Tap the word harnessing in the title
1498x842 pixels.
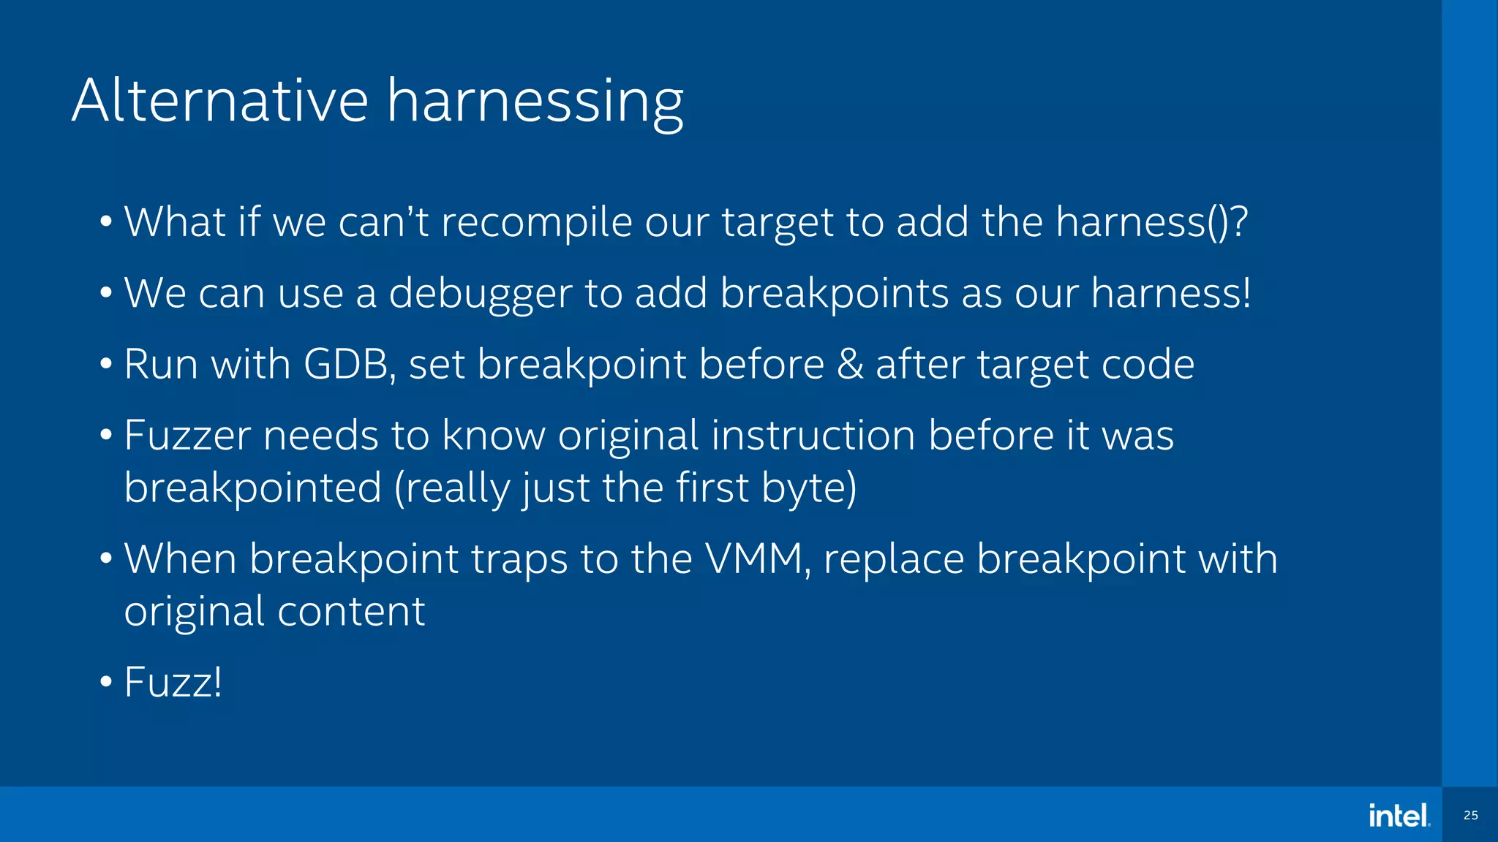click(x=535, y=102)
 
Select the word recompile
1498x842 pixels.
click(x=536, y=222)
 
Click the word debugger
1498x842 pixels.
click(x=480, y=294)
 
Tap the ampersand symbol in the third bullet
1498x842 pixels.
click(x=850, y=364)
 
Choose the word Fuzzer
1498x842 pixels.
click(x=187, y=436)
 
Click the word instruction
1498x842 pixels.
click(x=813, y=436)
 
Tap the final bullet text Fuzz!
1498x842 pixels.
click(x=173, y=683)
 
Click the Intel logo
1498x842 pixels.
click(x=1399, y=815)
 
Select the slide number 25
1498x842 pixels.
click(x=1470, y=815)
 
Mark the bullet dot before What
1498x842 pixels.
click(x=106, y=221)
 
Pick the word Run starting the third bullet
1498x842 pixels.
click(x=161, y=364)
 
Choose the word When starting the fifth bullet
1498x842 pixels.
click(x=180, y=559)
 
